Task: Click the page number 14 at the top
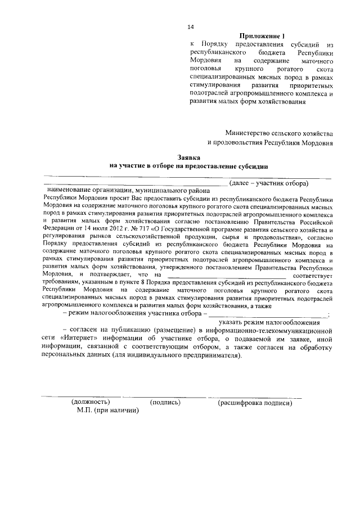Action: [x=191, y=27]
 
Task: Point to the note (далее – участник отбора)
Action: [x=269, y=183]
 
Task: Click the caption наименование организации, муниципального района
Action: [x=124, y=191]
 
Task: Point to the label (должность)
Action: [x=90, y=403]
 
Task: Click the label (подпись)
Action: [x=165, y=403]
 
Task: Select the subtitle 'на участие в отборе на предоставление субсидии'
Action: [x=189, y=166]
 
